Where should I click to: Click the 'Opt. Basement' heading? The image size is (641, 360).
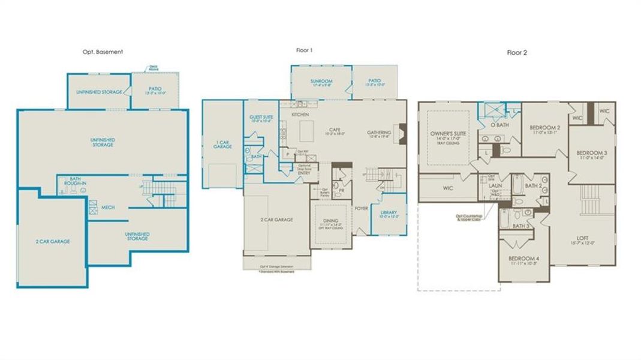(x=103, y=52)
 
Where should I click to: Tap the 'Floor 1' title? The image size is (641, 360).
(x=305, y=50)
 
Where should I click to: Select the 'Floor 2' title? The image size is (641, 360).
(x=516, y=52)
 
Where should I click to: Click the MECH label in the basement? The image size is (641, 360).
(x=108, y=208)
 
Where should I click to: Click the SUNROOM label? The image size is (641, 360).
(x=321, y=81)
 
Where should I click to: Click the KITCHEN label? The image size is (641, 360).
(x=300, y=113)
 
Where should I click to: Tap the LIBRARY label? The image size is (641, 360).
(x=389, y=212)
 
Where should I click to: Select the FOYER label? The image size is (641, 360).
(x=361, y=209)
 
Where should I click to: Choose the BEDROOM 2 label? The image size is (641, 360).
(x=545, y=128)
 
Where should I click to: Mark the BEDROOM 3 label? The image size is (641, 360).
(x=591, y=153)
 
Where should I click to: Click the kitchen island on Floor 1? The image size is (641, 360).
(x=307, y=128)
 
